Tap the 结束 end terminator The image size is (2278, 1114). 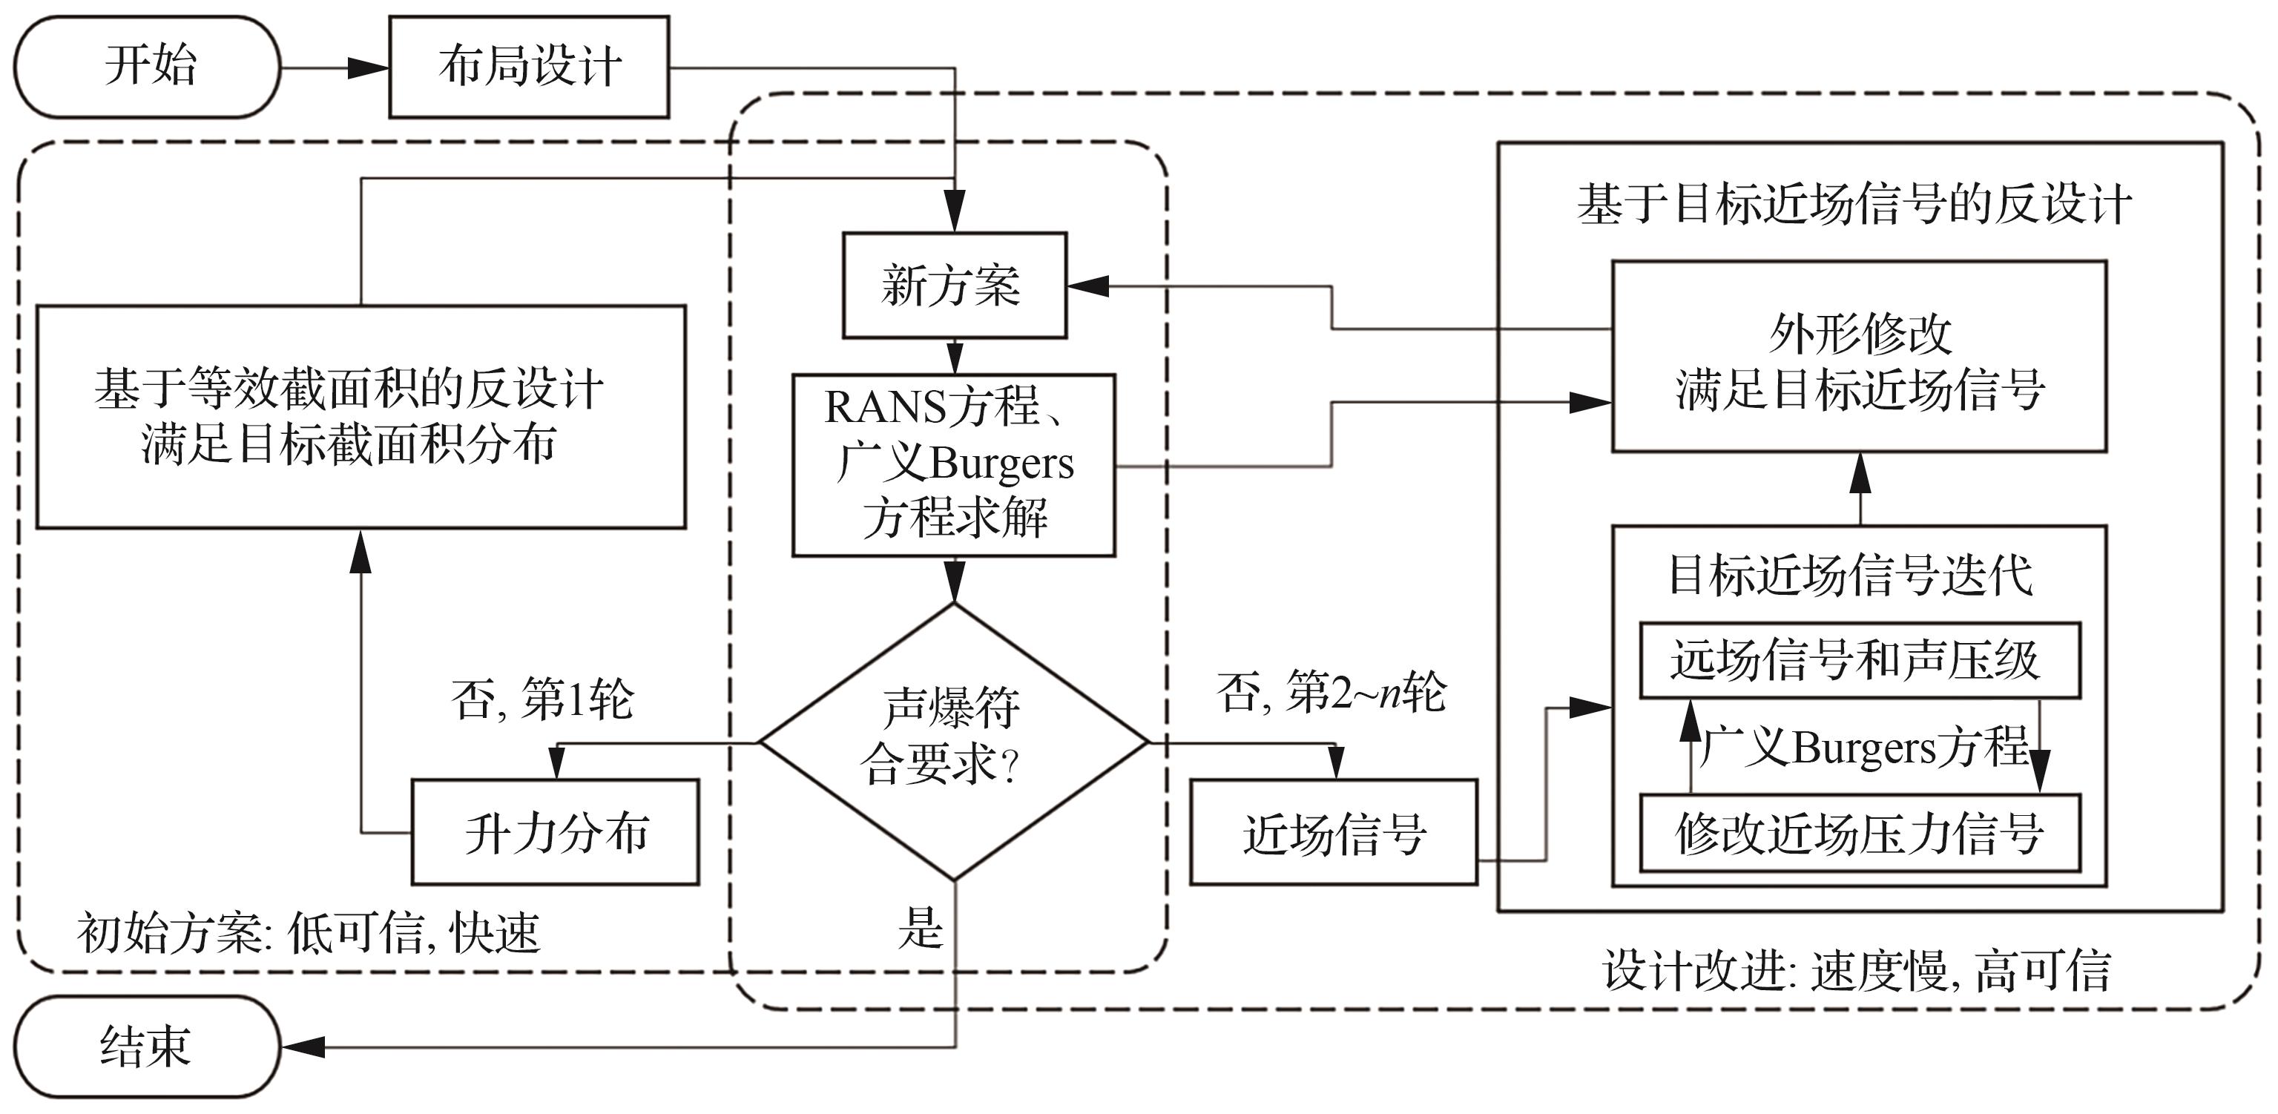coord(147,1048)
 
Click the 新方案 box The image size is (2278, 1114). coord(954,286)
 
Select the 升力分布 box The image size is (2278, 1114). coord(556,832)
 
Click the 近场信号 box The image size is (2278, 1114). coord(1334,832)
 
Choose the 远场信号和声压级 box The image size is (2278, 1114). coord(1859,660)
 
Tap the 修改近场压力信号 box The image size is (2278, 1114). coord(1859,833)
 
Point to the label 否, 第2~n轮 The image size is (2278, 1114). coord(1331,691)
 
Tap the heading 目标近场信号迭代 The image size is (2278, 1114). coord(1850,575)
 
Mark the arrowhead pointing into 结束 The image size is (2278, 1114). coord(303,1048)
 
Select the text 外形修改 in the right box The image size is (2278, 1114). coord(1860,334)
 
